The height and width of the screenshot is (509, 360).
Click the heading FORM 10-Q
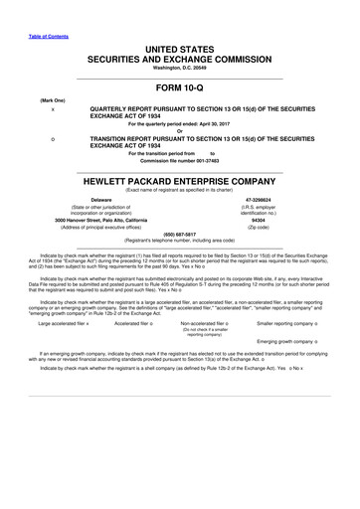coord(179,88)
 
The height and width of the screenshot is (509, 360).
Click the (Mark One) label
coord(53,101)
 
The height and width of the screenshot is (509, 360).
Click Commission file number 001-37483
coord(179,159)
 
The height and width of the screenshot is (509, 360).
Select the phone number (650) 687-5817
coord(179,235)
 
